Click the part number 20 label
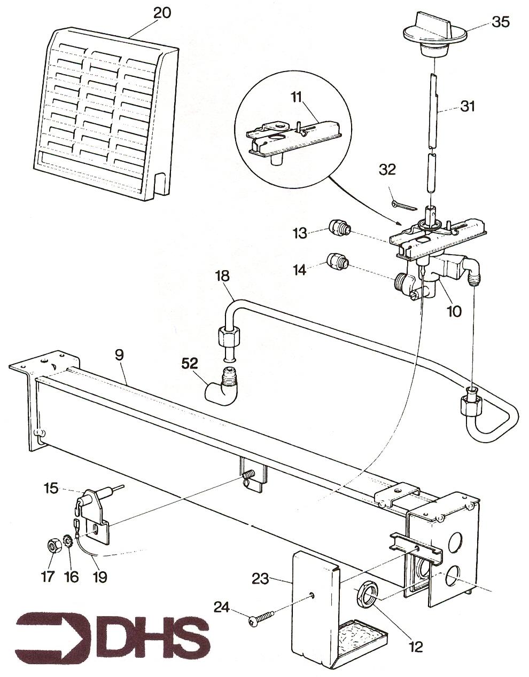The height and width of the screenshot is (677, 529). [162, 12]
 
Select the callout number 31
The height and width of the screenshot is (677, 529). [468, 107]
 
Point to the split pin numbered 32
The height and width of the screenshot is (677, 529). [402, 205]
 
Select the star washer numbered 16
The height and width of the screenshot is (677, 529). [68, 546]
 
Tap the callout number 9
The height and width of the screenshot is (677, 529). [118, 355]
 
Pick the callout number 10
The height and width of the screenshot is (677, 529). [454, 311]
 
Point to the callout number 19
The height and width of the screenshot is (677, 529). [100, 577]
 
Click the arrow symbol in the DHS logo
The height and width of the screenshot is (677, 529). [53, 638]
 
